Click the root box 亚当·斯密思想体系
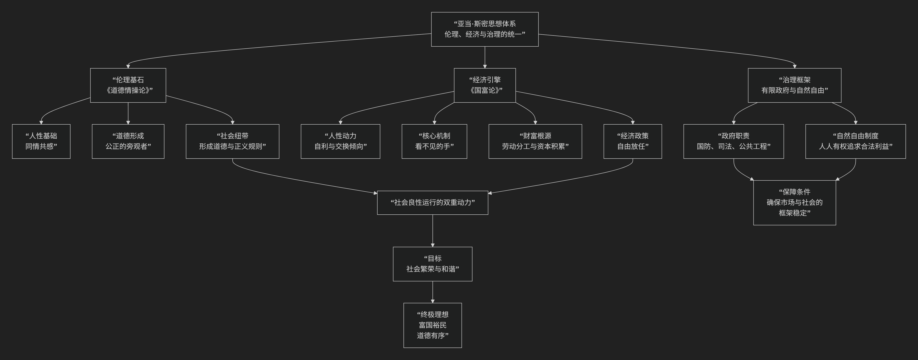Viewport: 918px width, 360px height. [x=485, y=29]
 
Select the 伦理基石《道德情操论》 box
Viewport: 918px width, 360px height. [x=128, y=85]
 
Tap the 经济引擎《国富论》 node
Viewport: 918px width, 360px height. [x=485, y=85]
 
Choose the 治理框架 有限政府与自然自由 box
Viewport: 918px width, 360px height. [x=794, y=85]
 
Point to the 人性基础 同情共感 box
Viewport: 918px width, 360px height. [x=41, y=141]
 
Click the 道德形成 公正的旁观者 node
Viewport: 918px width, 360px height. [x=128, y=141]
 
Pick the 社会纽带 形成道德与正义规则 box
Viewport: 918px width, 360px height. [x=232, y=141]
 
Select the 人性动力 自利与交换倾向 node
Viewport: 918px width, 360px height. [x=340, y=141]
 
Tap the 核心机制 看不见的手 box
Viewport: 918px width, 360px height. [x=434, y=141]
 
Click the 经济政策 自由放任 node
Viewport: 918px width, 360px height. [x=633, y=141]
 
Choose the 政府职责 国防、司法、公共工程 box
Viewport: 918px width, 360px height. [x=733, y=141]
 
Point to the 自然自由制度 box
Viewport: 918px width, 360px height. [x=855, y=141]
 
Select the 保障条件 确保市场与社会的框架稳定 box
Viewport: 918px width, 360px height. [x=794, y=203]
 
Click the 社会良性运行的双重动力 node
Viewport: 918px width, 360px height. [x=432, y=203]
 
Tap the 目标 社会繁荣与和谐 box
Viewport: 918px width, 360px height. [x=432, y=264]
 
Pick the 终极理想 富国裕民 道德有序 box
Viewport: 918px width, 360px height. [x=432, y=325]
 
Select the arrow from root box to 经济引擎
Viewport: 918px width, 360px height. [x=485, y=57]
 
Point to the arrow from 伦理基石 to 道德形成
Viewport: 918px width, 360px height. [x=128, y=113]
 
